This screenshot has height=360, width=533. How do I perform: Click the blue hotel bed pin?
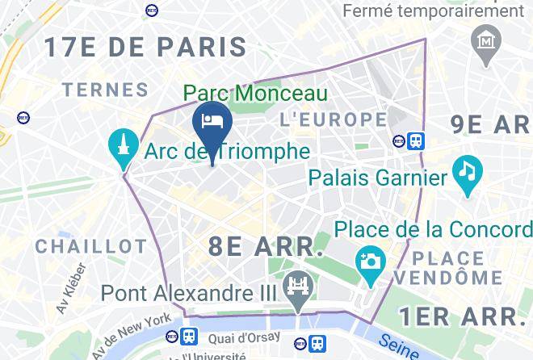pyautogui.click(x=212, y=122)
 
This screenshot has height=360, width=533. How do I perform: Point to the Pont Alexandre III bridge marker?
pyautogui.click(x=295, y=287)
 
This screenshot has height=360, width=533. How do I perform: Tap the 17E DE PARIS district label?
pyautogui.click(x=145, y=47)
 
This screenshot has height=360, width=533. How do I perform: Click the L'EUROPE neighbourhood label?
pyautogui.click(x=333, y=119)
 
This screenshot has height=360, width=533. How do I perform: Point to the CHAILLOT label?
pyautogui.click(x=90, y=245)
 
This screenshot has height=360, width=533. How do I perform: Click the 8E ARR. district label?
pyautogui.click(x=266, y=246)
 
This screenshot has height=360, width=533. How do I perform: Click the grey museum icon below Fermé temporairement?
pyautogui.click(x=488, y=39)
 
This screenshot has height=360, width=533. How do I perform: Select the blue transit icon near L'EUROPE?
pyautogui.click(x=416, y=141)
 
